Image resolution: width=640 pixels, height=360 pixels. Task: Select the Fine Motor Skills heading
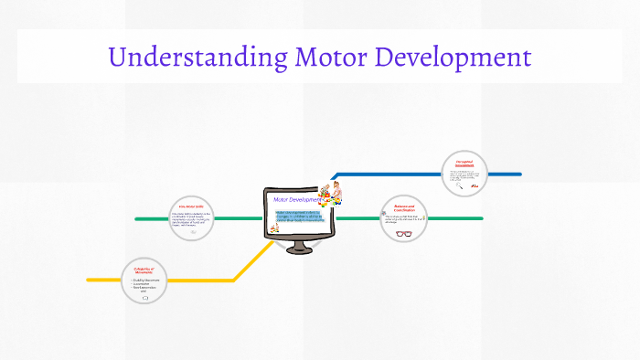click(x=191, y=207)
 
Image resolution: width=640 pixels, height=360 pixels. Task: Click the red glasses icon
click(x=404, y=233)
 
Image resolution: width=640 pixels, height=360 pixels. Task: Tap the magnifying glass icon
click(x=460, y=185)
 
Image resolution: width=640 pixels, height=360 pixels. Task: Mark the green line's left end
click(x=138, y=219)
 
